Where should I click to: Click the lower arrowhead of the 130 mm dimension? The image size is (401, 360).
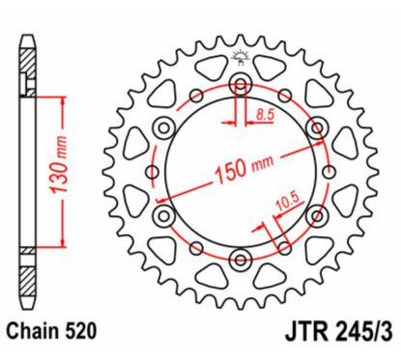[x=63, y=243]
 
